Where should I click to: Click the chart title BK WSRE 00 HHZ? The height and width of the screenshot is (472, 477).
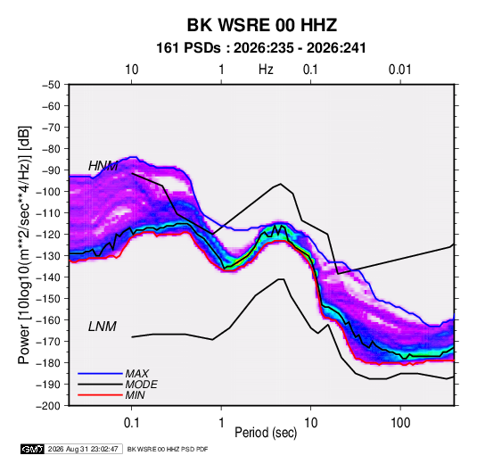[261, 25]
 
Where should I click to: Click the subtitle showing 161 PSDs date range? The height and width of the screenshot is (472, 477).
[261, 48]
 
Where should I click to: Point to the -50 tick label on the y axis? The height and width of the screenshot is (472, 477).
[51, 85]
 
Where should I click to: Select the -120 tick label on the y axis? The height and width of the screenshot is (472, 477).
[48, 234]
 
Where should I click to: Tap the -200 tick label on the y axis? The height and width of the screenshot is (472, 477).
[48, 406]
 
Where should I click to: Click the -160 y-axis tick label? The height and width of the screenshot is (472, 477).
[48, 320]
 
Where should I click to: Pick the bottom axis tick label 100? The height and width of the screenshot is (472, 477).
[400, 423]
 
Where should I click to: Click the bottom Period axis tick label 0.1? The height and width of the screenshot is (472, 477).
[131, 423]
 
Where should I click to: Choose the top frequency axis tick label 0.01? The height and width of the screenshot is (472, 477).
[399, 70]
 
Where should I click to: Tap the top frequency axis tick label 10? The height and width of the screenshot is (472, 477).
[132, 70]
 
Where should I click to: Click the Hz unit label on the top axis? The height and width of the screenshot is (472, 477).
[266, 70]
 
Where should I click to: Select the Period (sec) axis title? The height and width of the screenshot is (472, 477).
[266, 433]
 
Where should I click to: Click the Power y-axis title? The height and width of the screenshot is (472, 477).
[24, 244]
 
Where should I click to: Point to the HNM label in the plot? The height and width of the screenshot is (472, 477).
[103, 166]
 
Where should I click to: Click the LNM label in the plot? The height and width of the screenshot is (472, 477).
[103, 327]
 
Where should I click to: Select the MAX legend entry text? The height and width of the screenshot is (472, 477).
[137, 374]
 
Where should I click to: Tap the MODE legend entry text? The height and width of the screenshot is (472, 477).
[141, 385]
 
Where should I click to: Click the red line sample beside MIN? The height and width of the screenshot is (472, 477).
[100, 395]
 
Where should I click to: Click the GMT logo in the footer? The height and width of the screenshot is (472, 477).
[33, 449]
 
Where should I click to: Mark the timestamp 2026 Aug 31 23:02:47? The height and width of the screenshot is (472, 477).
[83, 449]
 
